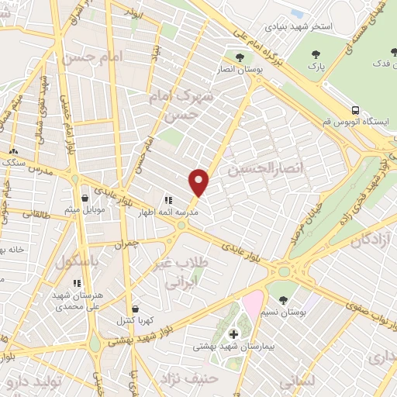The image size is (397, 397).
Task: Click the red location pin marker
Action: click(199, 182)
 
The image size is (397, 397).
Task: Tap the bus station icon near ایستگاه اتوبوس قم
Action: click(355, 110)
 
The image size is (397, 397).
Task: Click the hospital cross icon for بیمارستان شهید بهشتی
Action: click(233, 334)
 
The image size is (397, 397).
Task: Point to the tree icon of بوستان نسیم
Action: click(282, 299)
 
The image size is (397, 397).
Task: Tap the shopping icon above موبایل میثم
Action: click(85, 198)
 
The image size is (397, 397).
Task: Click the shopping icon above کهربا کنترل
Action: click(136, 308)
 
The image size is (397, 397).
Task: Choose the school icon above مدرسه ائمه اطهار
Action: click(167, 200)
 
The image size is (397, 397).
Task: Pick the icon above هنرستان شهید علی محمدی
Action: click(76, 283)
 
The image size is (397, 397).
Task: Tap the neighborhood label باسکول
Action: click(78, 262)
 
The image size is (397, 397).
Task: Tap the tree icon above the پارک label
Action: click(315, 54)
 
